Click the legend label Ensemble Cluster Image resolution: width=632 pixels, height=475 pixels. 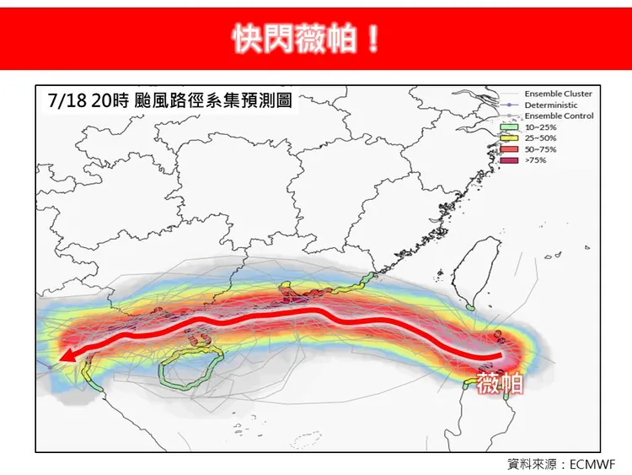pos(558,94)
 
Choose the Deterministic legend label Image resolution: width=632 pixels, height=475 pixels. pos(550,105)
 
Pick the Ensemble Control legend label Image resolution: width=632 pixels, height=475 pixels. pos(559,116)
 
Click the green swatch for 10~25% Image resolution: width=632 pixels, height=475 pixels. pos(509,127)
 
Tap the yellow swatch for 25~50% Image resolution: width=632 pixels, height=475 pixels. pos(509,138)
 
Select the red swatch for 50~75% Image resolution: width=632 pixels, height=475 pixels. pos(509,148)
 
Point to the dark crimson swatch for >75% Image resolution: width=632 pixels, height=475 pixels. pos(509,159)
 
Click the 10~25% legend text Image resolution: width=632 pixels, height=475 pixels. pos(540,127)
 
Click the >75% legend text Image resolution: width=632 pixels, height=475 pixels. pos(535,159)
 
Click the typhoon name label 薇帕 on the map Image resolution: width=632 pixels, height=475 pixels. pos(500,385)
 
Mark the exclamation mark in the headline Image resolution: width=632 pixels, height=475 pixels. pos(372,39)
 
